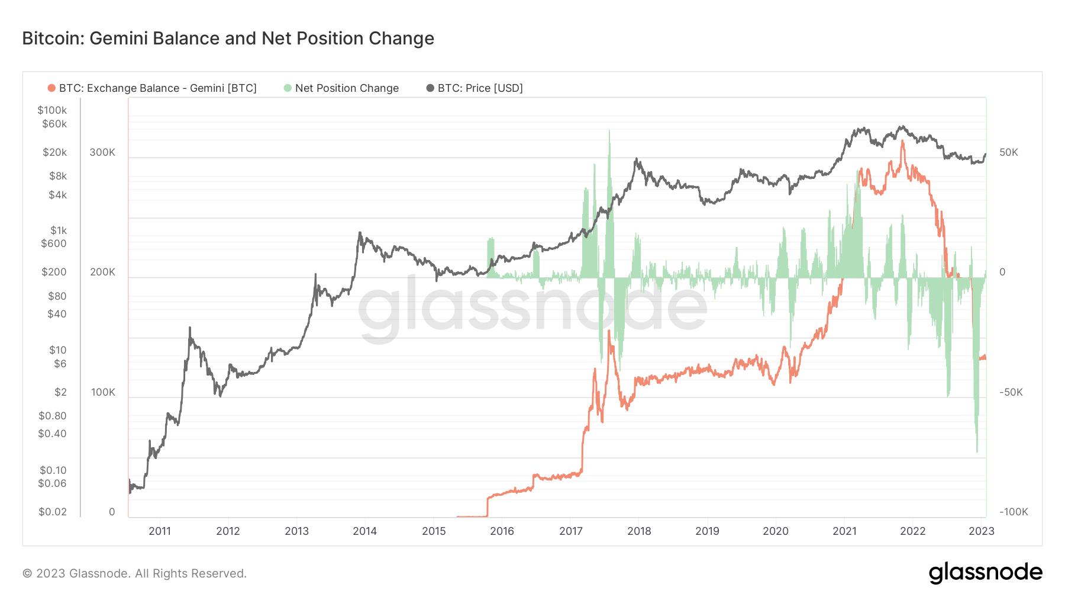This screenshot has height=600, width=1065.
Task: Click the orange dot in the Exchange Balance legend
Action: tap(51, 88)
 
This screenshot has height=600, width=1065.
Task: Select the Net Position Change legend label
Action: tap(347, 88)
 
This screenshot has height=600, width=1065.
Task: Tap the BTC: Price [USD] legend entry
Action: tap(480, 88)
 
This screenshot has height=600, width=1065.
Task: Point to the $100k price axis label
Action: tap(52, 110)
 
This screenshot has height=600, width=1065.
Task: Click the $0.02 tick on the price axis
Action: tap(52, 512)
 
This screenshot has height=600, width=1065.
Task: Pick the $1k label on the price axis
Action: tap(58, 230)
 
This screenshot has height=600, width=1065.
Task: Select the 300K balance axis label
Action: tap(102, 152)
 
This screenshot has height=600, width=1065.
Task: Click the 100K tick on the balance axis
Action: tap(103, 392)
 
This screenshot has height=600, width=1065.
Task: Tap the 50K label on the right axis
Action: tap(1009, 152)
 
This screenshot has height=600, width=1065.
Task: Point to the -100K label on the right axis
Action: tap(1014, 512)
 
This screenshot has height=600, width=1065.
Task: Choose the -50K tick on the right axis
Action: tap(1011, 392)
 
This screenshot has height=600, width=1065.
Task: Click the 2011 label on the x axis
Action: tap(160, 531)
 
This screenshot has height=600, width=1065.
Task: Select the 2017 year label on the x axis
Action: tap(571, 531)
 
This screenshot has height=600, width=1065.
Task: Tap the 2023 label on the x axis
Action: tap(981, 531)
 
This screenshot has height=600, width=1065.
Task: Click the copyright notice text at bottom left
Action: tap(134, 573)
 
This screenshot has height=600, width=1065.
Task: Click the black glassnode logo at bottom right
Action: tap(985, 572)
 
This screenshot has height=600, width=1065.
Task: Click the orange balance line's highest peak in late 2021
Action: tap(902, 142)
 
